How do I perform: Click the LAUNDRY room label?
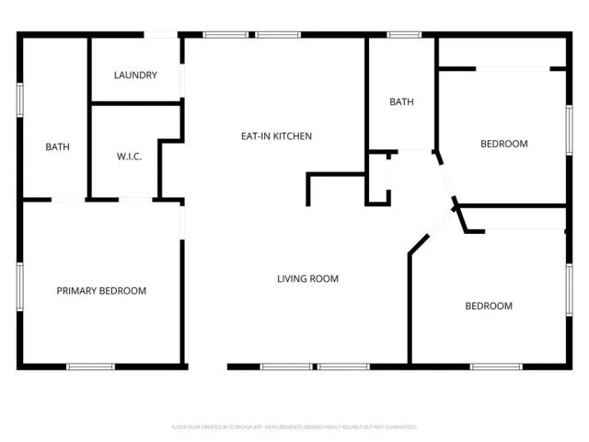[x=135, y=76]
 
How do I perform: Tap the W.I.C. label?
[x=129, y=157]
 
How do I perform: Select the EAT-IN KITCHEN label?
[x=276, y=136]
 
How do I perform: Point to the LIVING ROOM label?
[x=308, y=278]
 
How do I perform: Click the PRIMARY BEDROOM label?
[x=101, y=291]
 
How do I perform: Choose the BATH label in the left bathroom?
[x=58, y=147]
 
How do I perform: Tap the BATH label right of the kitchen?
[x=401, y=102]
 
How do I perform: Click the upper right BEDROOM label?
[x=504, y=144]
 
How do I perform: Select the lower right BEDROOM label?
[x=488, y=306]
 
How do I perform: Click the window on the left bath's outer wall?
[x=19, y=99]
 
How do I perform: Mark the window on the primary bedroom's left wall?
[x=19, y=290]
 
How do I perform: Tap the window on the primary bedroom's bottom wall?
[x=90, y=366]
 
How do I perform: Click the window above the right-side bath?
[x=403, y=35]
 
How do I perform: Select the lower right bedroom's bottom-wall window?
[x=497, y=366]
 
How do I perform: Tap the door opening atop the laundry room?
[x=160, y=35]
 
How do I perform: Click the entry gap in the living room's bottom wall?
[x=207, y=366]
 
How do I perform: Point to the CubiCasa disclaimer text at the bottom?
[x=294, y=427]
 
